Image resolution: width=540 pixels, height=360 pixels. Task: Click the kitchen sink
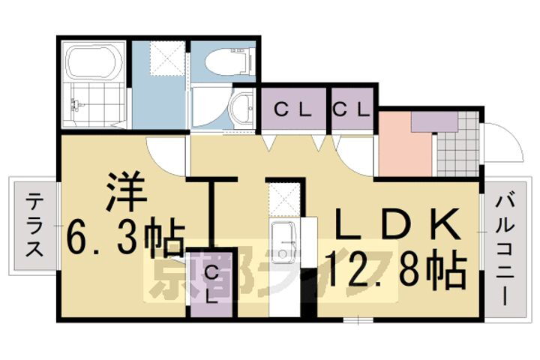pos(284,240)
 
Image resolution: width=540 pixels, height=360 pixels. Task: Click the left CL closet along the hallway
pos(292,109)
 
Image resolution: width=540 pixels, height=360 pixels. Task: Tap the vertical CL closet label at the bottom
pos(211,283)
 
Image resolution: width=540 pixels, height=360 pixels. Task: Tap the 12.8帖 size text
pos(395,268)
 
